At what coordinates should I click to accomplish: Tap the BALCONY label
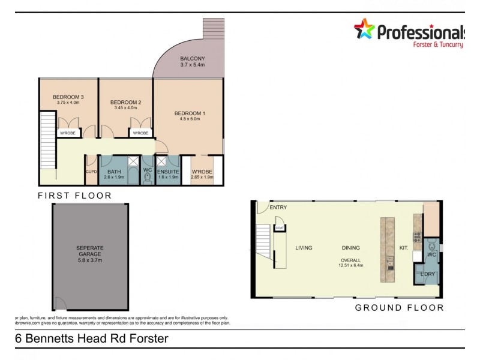tap(193, 58)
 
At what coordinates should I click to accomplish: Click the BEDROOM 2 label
tap(126, 103)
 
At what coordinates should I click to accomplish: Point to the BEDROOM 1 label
tap(190, 113)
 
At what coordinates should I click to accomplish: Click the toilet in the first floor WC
tap(148, 176)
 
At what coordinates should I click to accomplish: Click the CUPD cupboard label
tap(91, 171)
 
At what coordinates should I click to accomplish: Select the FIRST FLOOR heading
tap(75, 196)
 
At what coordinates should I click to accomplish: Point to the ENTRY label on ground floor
tap(278, 208)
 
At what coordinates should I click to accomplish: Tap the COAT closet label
tap(280, 228)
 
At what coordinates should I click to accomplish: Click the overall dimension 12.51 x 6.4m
tap(351, 265)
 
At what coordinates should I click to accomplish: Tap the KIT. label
tap(404, 247)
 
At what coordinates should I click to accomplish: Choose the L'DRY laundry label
tap(428, 274)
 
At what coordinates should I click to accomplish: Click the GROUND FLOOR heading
tap(400, 308)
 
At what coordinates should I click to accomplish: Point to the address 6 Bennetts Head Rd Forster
tap(92, 338)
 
